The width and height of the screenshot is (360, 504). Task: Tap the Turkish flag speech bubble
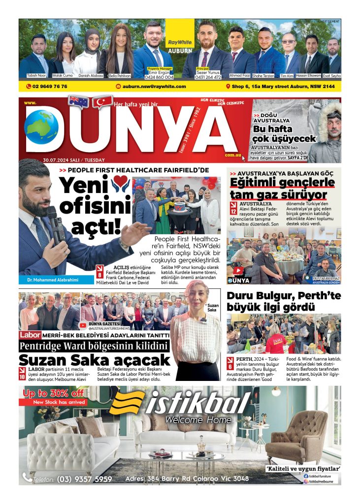[x=102, y=101]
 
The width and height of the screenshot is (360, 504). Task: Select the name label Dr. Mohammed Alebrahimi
[x=50, y=281]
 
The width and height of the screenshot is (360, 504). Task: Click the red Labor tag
[x=29, y=335]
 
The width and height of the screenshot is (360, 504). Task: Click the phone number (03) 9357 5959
[x=84, y=479]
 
